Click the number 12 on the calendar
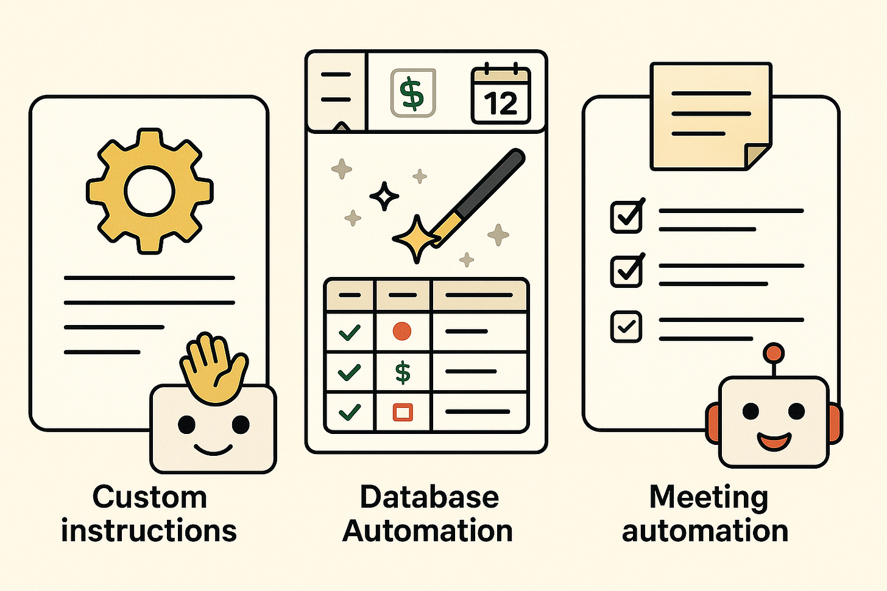(x=501, y=103)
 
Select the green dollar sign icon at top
(x=412, y=93)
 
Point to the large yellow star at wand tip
(x=415, y=238)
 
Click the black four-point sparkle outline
(x=384, y=196)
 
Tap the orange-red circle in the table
(x=402, y=331)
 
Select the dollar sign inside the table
(x=403, y=371)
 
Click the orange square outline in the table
(x=403, y=412)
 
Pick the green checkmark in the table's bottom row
(x=349, y=412)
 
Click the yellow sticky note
(x=710, y=116)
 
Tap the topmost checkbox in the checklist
(x=626, y=217)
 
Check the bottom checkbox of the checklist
(x=626, y=327)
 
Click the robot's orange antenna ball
(x=774, y=352)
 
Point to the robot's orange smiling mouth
(x=774, y=439)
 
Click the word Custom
(x=149, y=497)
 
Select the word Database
(x=429, y=497)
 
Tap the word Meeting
(x=709, y=498)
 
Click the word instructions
(x=149, y=531)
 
